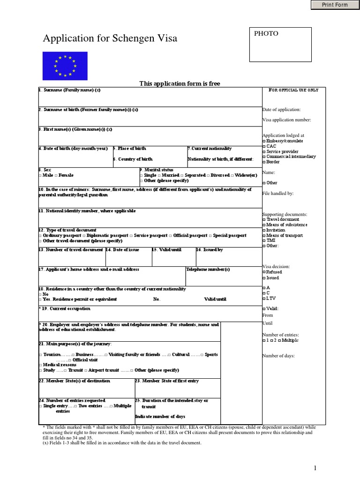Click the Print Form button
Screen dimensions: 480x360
pyautogui.click(x=335, y=5)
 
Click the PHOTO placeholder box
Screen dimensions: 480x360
pyautogui.click(x=280, y=45)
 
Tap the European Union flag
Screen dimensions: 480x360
pyautogui.click(x=65, y=66)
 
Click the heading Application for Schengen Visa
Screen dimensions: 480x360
pyautogui.click(x=110, y=38)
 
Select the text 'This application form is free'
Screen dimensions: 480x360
pyautogui.click(x=180, y=83)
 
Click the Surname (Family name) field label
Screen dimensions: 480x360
pyautogui.click(x=69, y=90)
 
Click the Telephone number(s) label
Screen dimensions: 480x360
pyautogui.click(x=208, y=270)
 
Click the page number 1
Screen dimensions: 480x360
pyautogui.click(x=315, y=468)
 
